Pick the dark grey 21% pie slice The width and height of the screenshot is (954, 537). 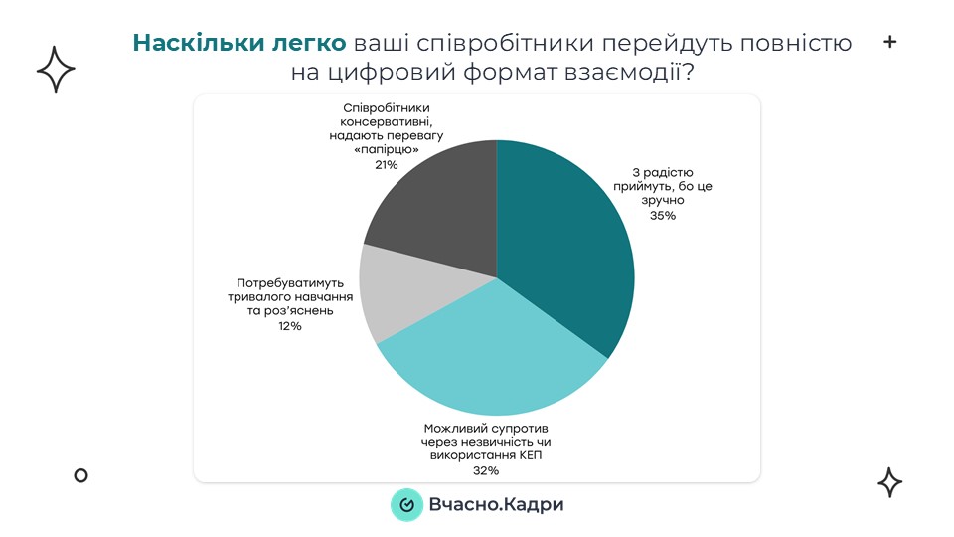pyautogui.click(x=437, y=209)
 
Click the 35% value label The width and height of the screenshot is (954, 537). pyautogui.click(x=662, y=215)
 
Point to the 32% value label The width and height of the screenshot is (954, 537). pyautogui.click(x=486, y=470)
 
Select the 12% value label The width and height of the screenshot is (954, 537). pyautogui.click(x=290, y=325)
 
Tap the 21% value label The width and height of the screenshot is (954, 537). pyautogui.click(x=387, y=164)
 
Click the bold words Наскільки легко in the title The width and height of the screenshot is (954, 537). pyautogui.click(x=239, y=43)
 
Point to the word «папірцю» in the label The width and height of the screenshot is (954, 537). pyautogui.click(x=387, y=149)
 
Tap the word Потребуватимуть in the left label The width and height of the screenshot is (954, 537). pyautogui.click(x=289, y=281)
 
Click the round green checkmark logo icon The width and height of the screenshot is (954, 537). pyautogui.click(x=406, y=505)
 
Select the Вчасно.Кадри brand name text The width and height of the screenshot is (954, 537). pyautogui.click(x=496, y=505)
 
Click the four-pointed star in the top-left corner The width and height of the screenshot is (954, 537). pyautogui.click(x=56, y=70)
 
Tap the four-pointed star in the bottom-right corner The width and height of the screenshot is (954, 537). pyautogui.click(x=889, y=482)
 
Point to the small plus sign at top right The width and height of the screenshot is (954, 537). pyautogui.click(x=889, y=42)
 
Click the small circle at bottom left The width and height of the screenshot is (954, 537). pyautogui.click(x=81, y=475)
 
